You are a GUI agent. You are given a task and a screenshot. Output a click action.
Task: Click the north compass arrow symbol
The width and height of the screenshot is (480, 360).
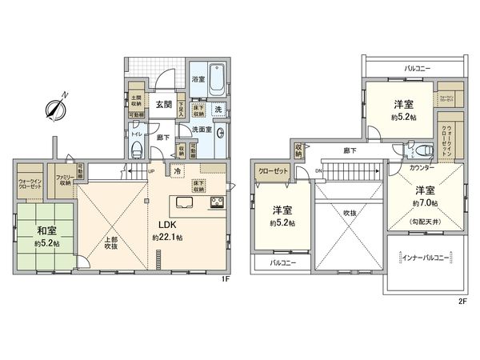coord(56,106)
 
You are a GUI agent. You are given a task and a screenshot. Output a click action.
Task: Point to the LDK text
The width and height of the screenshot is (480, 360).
coord(166,225)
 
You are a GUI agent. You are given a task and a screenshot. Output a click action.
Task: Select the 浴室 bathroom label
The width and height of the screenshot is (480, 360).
coord(198,80)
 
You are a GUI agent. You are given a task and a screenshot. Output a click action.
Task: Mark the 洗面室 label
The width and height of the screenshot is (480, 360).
coord(201,130)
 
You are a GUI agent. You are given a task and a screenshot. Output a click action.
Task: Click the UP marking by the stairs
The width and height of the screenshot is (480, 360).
coord(150,171)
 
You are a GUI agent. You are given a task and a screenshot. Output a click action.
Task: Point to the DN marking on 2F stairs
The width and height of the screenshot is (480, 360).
coord(318,171)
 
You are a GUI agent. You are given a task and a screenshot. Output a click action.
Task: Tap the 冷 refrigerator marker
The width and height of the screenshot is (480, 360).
coord(176,171)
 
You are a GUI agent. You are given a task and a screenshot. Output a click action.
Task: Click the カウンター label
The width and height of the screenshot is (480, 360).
coord(423,169)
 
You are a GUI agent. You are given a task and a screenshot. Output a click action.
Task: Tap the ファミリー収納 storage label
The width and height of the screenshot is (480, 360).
coord(62,180)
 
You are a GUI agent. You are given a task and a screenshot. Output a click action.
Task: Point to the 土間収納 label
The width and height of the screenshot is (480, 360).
coord(136,102)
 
